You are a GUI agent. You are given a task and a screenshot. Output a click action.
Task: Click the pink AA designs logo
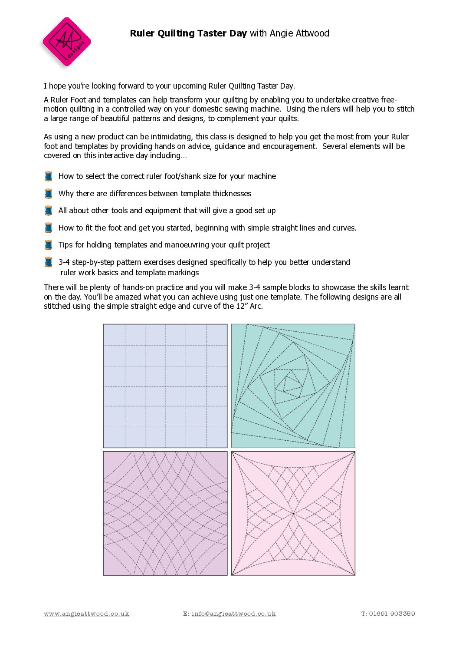coord(66,42)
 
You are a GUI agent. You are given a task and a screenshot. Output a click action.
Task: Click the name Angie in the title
coord(281,33)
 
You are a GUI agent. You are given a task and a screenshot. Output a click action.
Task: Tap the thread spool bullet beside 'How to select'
coord(49,176)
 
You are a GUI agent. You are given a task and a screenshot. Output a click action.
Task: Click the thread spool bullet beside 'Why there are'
coord(49,194)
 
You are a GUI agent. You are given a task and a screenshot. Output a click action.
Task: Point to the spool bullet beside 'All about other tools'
coord(49,211)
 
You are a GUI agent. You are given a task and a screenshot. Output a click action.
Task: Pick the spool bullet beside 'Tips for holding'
coord(49,245)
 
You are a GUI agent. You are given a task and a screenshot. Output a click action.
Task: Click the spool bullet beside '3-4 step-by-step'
coord(49,262)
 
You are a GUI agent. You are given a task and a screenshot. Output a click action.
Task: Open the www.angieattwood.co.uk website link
coord(86,614)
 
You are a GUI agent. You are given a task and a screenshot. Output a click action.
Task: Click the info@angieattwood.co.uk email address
coord(233,614)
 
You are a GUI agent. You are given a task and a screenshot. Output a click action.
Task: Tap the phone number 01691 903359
coord(392,614)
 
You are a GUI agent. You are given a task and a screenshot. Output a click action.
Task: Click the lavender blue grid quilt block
coord(165,386)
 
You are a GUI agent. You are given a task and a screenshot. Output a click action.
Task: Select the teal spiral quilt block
coord(293,386)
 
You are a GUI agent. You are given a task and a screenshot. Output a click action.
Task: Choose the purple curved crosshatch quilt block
coord(165,513)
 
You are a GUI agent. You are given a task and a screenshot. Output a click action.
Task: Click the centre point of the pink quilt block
coord(293,514)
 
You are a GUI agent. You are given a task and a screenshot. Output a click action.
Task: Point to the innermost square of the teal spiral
coord(289,383)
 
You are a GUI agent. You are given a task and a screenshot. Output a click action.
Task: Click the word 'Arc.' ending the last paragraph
coord(256,306)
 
